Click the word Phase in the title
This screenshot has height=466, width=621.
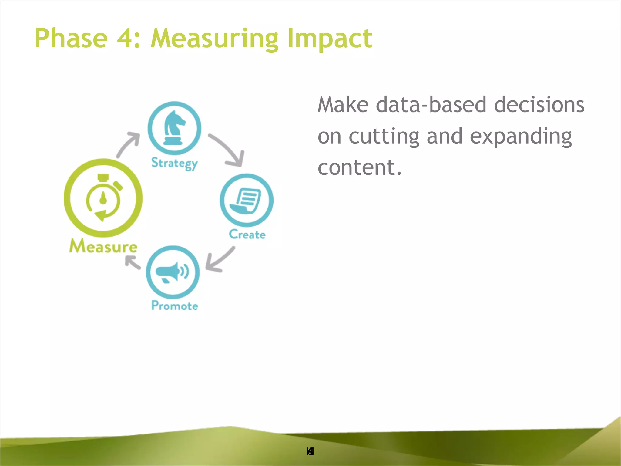point(71,38)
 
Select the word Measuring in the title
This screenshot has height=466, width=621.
point(214,39)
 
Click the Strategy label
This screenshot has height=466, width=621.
point(174,164)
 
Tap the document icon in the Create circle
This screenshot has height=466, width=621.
point(246,201)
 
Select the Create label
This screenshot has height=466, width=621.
point(247,235)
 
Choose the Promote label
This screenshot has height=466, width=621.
point(174,306)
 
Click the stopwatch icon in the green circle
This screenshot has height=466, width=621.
point(103,198)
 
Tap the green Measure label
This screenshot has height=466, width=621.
point(103,246)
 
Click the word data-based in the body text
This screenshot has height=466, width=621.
point(431,105)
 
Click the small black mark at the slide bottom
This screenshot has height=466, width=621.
point(310,452)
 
